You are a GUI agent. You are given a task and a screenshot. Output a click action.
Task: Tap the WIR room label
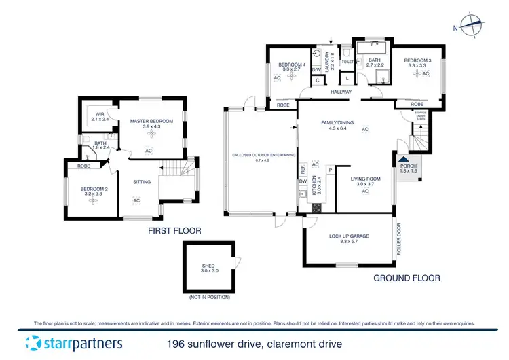click(99, 114)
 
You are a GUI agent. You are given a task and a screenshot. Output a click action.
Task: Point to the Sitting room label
click(141, 182)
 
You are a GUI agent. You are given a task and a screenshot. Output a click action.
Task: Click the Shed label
click(208, 266)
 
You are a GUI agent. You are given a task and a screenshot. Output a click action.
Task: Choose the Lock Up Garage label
click(349, 236)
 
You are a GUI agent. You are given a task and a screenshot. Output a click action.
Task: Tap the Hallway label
click(340, 92)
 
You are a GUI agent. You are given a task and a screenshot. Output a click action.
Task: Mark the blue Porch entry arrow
click(403, 160)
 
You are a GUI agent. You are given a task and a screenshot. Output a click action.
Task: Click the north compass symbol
click(471, 25)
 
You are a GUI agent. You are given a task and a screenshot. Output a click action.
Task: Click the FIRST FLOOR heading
click(175, 231)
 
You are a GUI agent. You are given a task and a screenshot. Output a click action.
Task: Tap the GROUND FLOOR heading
click(407, 278)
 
